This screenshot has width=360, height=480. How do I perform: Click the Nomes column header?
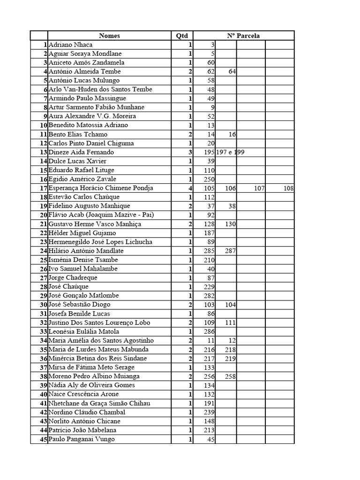coord(109,36)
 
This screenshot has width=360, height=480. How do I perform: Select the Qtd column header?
coord(181,36)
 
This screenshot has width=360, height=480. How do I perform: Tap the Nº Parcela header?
coord(243,36)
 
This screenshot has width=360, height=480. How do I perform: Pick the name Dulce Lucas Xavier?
coord(77,161)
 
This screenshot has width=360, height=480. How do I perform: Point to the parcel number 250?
coord(209,179)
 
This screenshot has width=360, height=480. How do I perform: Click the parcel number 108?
coord(289,188)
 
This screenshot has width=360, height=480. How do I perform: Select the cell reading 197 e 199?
coord(230,152)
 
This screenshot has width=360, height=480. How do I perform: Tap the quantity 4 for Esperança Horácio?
coord(190,188)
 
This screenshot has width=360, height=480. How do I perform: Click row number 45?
coord(43,439)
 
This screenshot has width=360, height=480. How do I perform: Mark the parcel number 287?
coord(230,251)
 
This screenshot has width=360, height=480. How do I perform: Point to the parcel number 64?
coord(232,72)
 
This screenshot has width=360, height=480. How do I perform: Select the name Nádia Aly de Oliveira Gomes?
coord(91,385)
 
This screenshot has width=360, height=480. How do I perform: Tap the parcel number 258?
coord(230,376)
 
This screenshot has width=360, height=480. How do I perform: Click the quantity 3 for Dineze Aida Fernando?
coord(190,152)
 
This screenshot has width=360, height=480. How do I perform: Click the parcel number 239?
coord(209,412)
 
